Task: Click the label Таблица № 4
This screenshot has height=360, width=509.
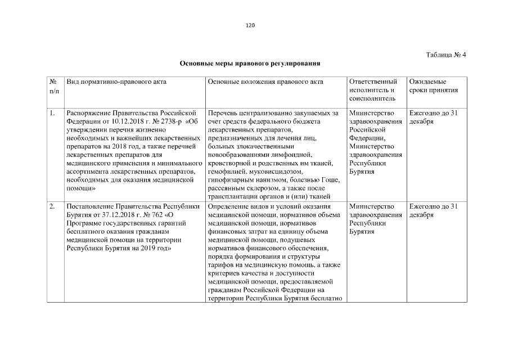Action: click(446, 55)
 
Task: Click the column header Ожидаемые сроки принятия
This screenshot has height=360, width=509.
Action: click(434, 85)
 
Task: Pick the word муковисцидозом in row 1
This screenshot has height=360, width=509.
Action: click(265, 171)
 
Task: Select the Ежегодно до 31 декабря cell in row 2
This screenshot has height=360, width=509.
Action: click(434, 210)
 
